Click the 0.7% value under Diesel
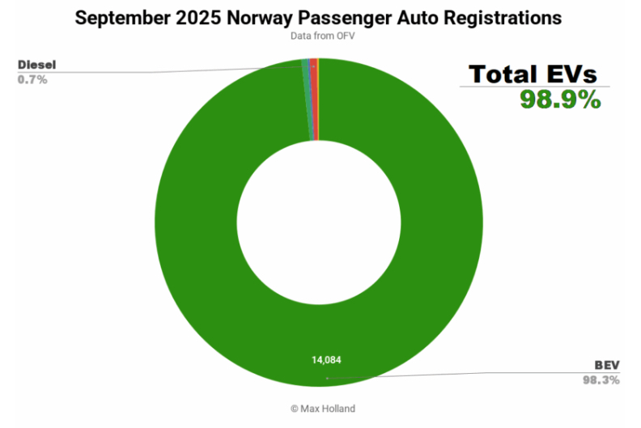coord(32,79)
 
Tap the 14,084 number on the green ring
coord(328,358)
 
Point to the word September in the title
coord(121,18)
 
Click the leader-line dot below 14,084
coord(326,377)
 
